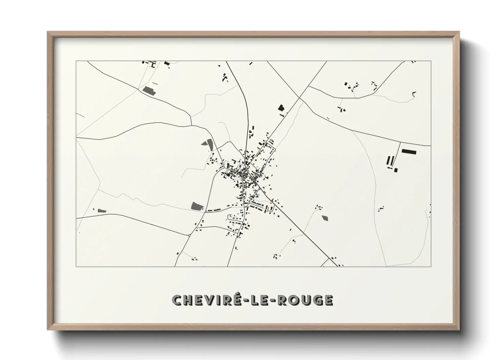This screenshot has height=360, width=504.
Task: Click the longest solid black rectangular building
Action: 409,151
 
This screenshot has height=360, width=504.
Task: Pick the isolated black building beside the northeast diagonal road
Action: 281,108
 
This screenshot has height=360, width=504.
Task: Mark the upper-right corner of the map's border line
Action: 431,61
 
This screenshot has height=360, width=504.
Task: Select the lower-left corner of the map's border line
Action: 76,266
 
